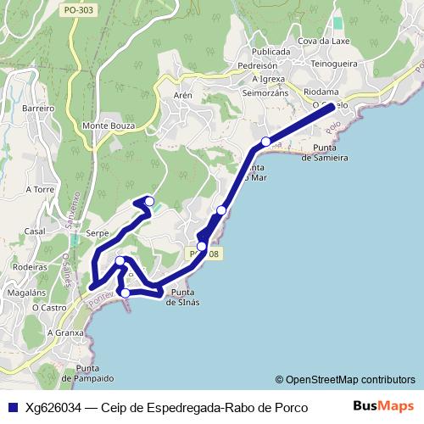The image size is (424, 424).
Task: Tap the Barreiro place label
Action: (x=38, y=109)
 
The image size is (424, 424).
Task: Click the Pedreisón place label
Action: (x=258, y=64)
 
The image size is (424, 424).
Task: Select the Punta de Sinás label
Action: (x=182, y=298)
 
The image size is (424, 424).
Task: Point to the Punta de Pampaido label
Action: (x=94, y=372)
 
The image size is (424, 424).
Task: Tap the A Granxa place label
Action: (x=65, y=332)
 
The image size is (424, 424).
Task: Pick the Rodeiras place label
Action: (x=30, y=265)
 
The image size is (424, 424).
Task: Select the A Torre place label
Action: (x=40, y=189)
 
